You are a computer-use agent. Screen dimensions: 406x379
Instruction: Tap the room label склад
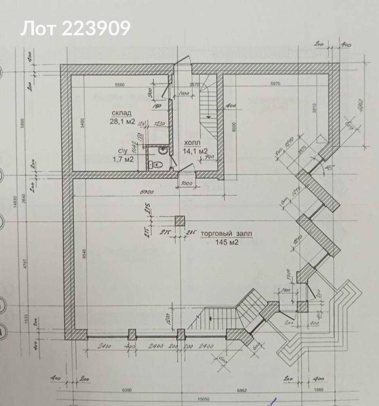(x=122, y=114)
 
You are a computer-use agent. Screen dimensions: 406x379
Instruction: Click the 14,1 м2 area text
(x=195, y=151)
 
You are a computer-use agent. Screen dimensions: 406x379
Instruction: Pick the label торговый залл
(x=226, y=234)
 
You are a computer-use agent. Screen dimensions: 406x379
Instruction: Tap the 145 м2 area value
(x=226, y=243)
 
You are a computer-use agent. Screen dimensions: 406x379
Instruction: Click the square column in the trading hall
(x=180, y=221)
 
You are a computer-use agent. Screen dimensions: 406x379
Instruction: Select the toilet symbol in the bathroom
(x=156, y=163)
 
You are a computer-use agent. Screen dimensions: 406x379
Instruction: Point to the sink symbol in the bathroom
(x=162, y=150)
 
